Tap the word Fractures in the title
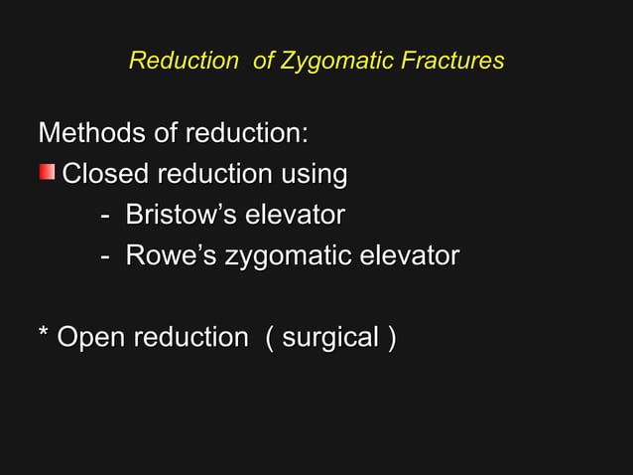pyautogui.click(x=452, y=61)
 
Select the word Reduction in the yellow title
pyautogui.click(x=184, y=61)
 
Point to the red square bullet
pyautogui.click(x=47, y=173)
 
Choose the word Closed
pyautogui.click(x=105, y=174)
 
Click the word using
pyautogui.click(x=314, y=176)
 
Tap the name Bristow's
pyautogui.click(x=182, y=215)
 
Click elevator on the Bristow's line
pyautogui.click(x=295, y=215)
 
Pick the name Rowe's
pyautogui.click(x=171, y=255)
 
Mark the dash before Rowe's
pyautogui.click(x=105, y=257)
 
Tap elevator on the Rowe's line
pyautogui.click(x=409, y=255)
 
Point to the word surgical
pyautogui.click(x=330, y=339)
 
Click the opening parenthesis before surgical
pyautogui.click(x=270, y=338)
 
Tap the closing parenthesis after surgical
pyautogui.click(x=392, y=338)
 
